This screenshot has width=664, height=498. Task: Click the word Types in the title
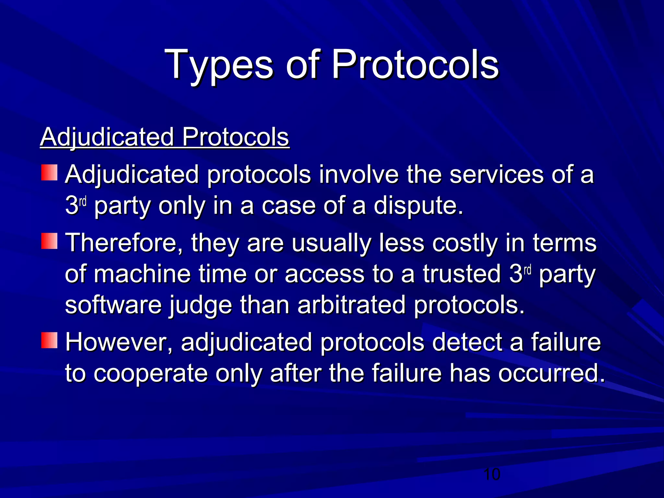point(219,65)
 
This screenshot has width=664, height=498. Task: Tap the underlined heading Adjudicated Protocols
point(164,137)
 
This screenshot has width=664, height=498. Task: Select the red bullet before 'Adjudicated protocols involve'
point(49,172)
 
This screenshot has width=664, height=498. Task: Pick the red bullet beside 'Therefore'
point(49,241)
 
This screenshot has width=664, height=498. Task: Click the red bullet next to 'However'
point(49,340)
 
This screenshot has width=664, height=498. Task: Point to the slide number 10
point(492,475)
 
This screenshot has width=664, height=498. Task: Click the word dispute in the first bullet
point(418,206)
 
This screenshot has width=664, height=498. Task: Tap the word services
point(496,174)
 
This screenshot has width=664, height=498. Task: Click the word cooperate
point(151,373)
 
